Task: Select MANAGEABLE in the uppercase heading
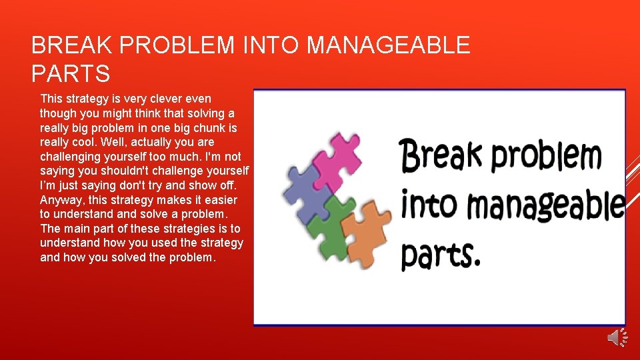(x=388, y=46)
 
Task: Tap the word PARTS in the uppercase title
(x=70, y=73)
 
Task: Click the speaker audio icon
(x=617, y=337)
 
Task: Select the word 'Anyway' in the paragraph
(x=61, y=200)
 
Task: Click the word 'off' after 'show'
(x=227, y=185)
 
